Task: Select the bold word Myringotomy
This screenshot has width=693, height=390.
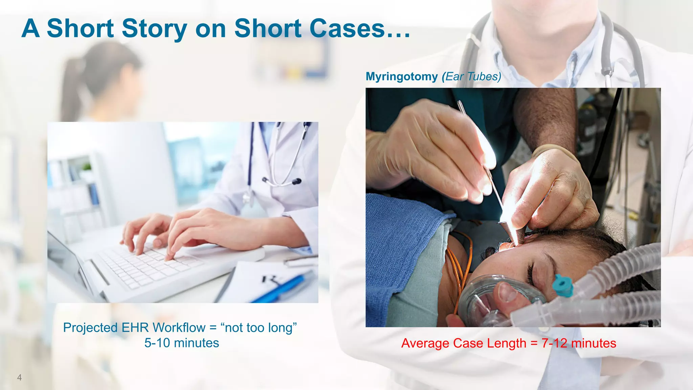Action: click(x=402, y=77)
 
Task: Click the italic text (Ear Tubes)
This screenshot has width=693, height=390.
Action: click(x=471, y=77)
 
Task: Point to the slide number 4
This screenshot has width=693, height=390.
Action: click(x=19, y=377)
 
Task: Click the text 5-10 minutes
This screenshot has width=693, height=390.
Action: click(x=182, y=343)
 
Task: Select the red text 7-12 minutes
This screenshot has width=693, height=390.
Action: click(x=579, y=343)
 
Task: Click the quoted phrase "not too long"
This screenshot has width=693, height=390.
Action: click(x=259, y=328)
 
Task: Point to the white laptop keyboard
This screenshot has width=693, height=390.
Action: click(x=149, y=267)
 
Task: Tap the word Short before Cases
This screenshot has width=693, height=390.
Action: click(x=267, y=29)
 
